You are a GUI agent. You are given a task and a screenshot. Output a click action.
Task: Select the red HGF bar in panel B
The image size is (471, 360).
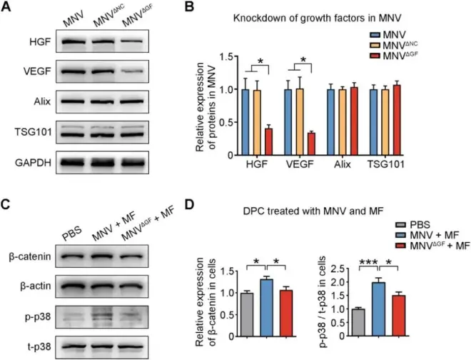click(268, 141)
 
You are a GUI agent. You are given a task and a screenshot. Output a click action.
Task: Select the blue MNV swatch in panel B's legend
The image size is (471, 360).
click(375, 34)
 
